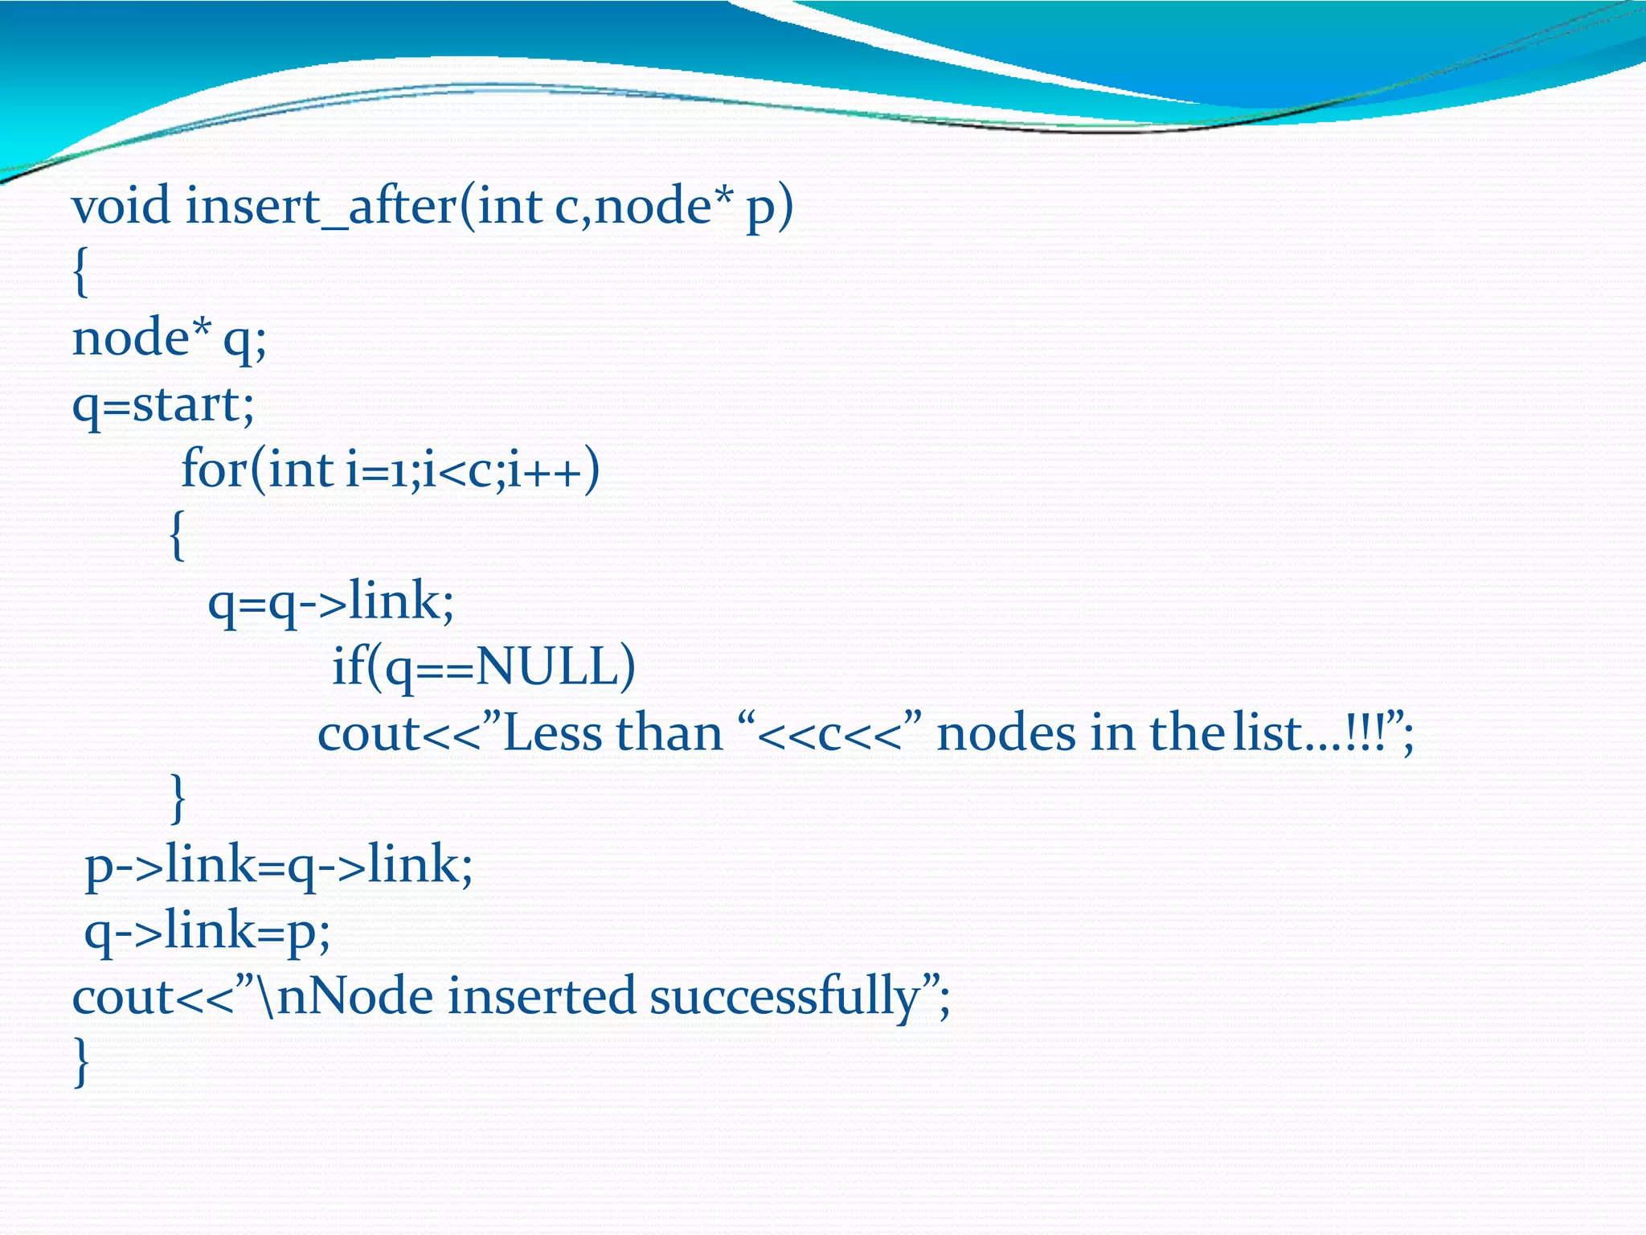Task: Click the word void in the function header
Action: coord(121,206)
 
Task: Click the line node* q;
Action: coord(169,338)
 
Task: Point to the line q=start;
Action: coord(163,404)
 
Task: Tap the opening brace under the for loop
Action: coord(178,535)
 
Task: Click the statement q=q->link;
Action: coord(330,602)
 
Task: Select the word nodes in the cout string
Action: coord(1006,733)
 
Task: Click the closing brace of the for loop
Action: coord(178,798)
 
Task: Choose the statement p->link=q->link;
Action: coord(279,866)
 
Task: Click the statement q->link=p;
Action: coord(207,932)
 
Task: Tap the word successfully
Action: coord(784,998)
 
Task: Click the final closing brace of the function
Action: coord(80,1062)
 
